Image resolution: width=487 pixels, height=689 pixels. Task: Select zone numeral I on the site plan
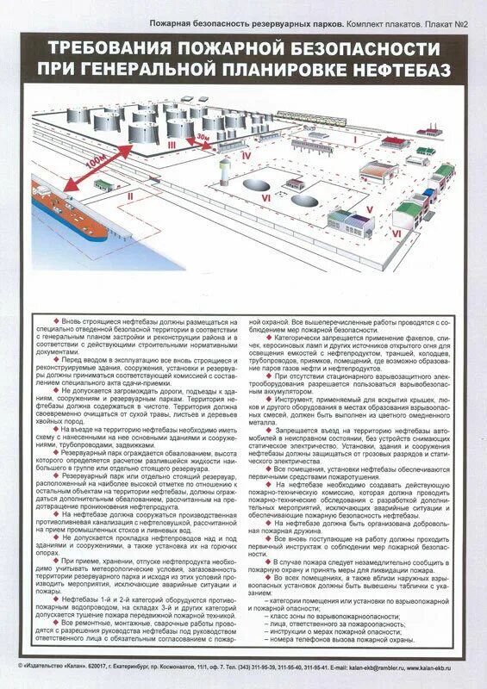click(x=353, y=138)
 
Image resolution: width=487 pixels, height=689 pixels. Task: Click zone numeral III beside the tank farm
click(x=172, y=144)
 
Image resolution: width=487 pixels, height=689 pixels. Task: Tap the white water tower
click(x=226, y=169)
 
